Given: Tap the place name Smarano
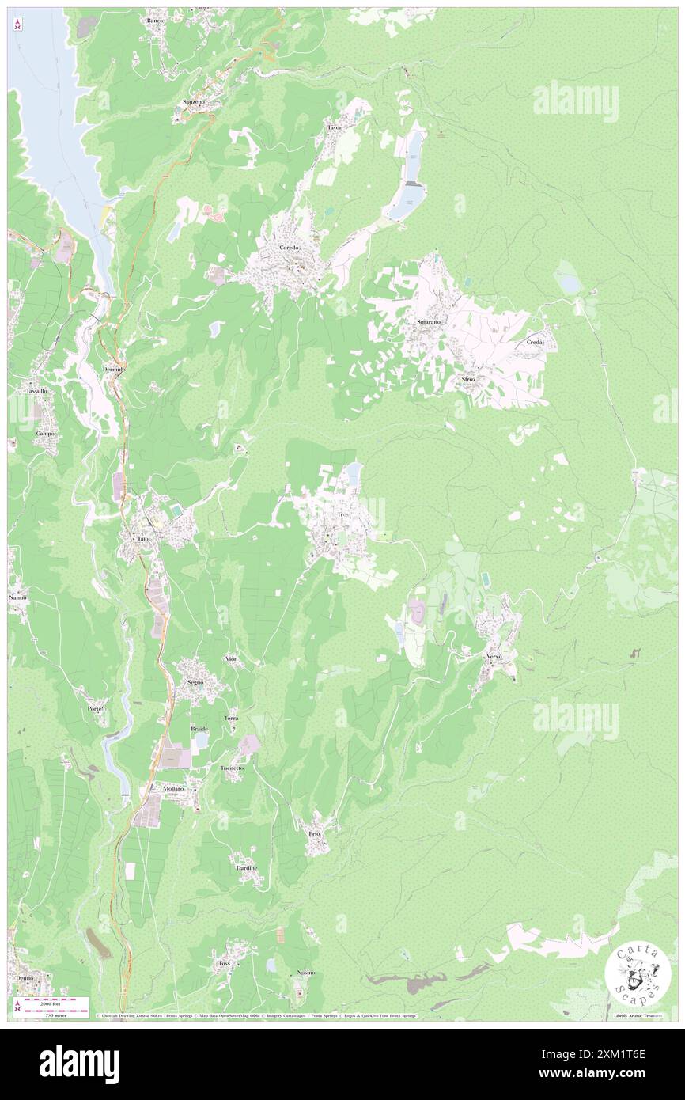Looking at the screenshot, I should pos(429,323).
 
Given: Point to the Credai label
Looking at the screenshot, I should pos(538,342).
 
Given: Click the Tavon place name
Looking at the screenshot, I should pos(335,127).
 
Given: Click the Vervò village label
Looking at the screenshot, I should pos(494,658).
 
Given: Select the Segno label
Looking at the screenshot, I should pos(195,681).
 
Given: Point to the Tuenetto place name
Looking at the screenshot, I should pos(232,768).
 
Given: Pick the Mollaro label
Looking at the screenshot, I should pos(173,789).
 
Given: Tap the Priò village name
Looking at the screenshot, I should pos(313,834).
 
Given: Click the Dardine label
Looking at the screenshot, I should pos(247,868).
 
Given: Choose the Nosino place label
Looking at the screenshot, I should pos(306,972).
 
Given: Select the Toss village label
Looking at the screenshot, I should pos(224,963).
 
